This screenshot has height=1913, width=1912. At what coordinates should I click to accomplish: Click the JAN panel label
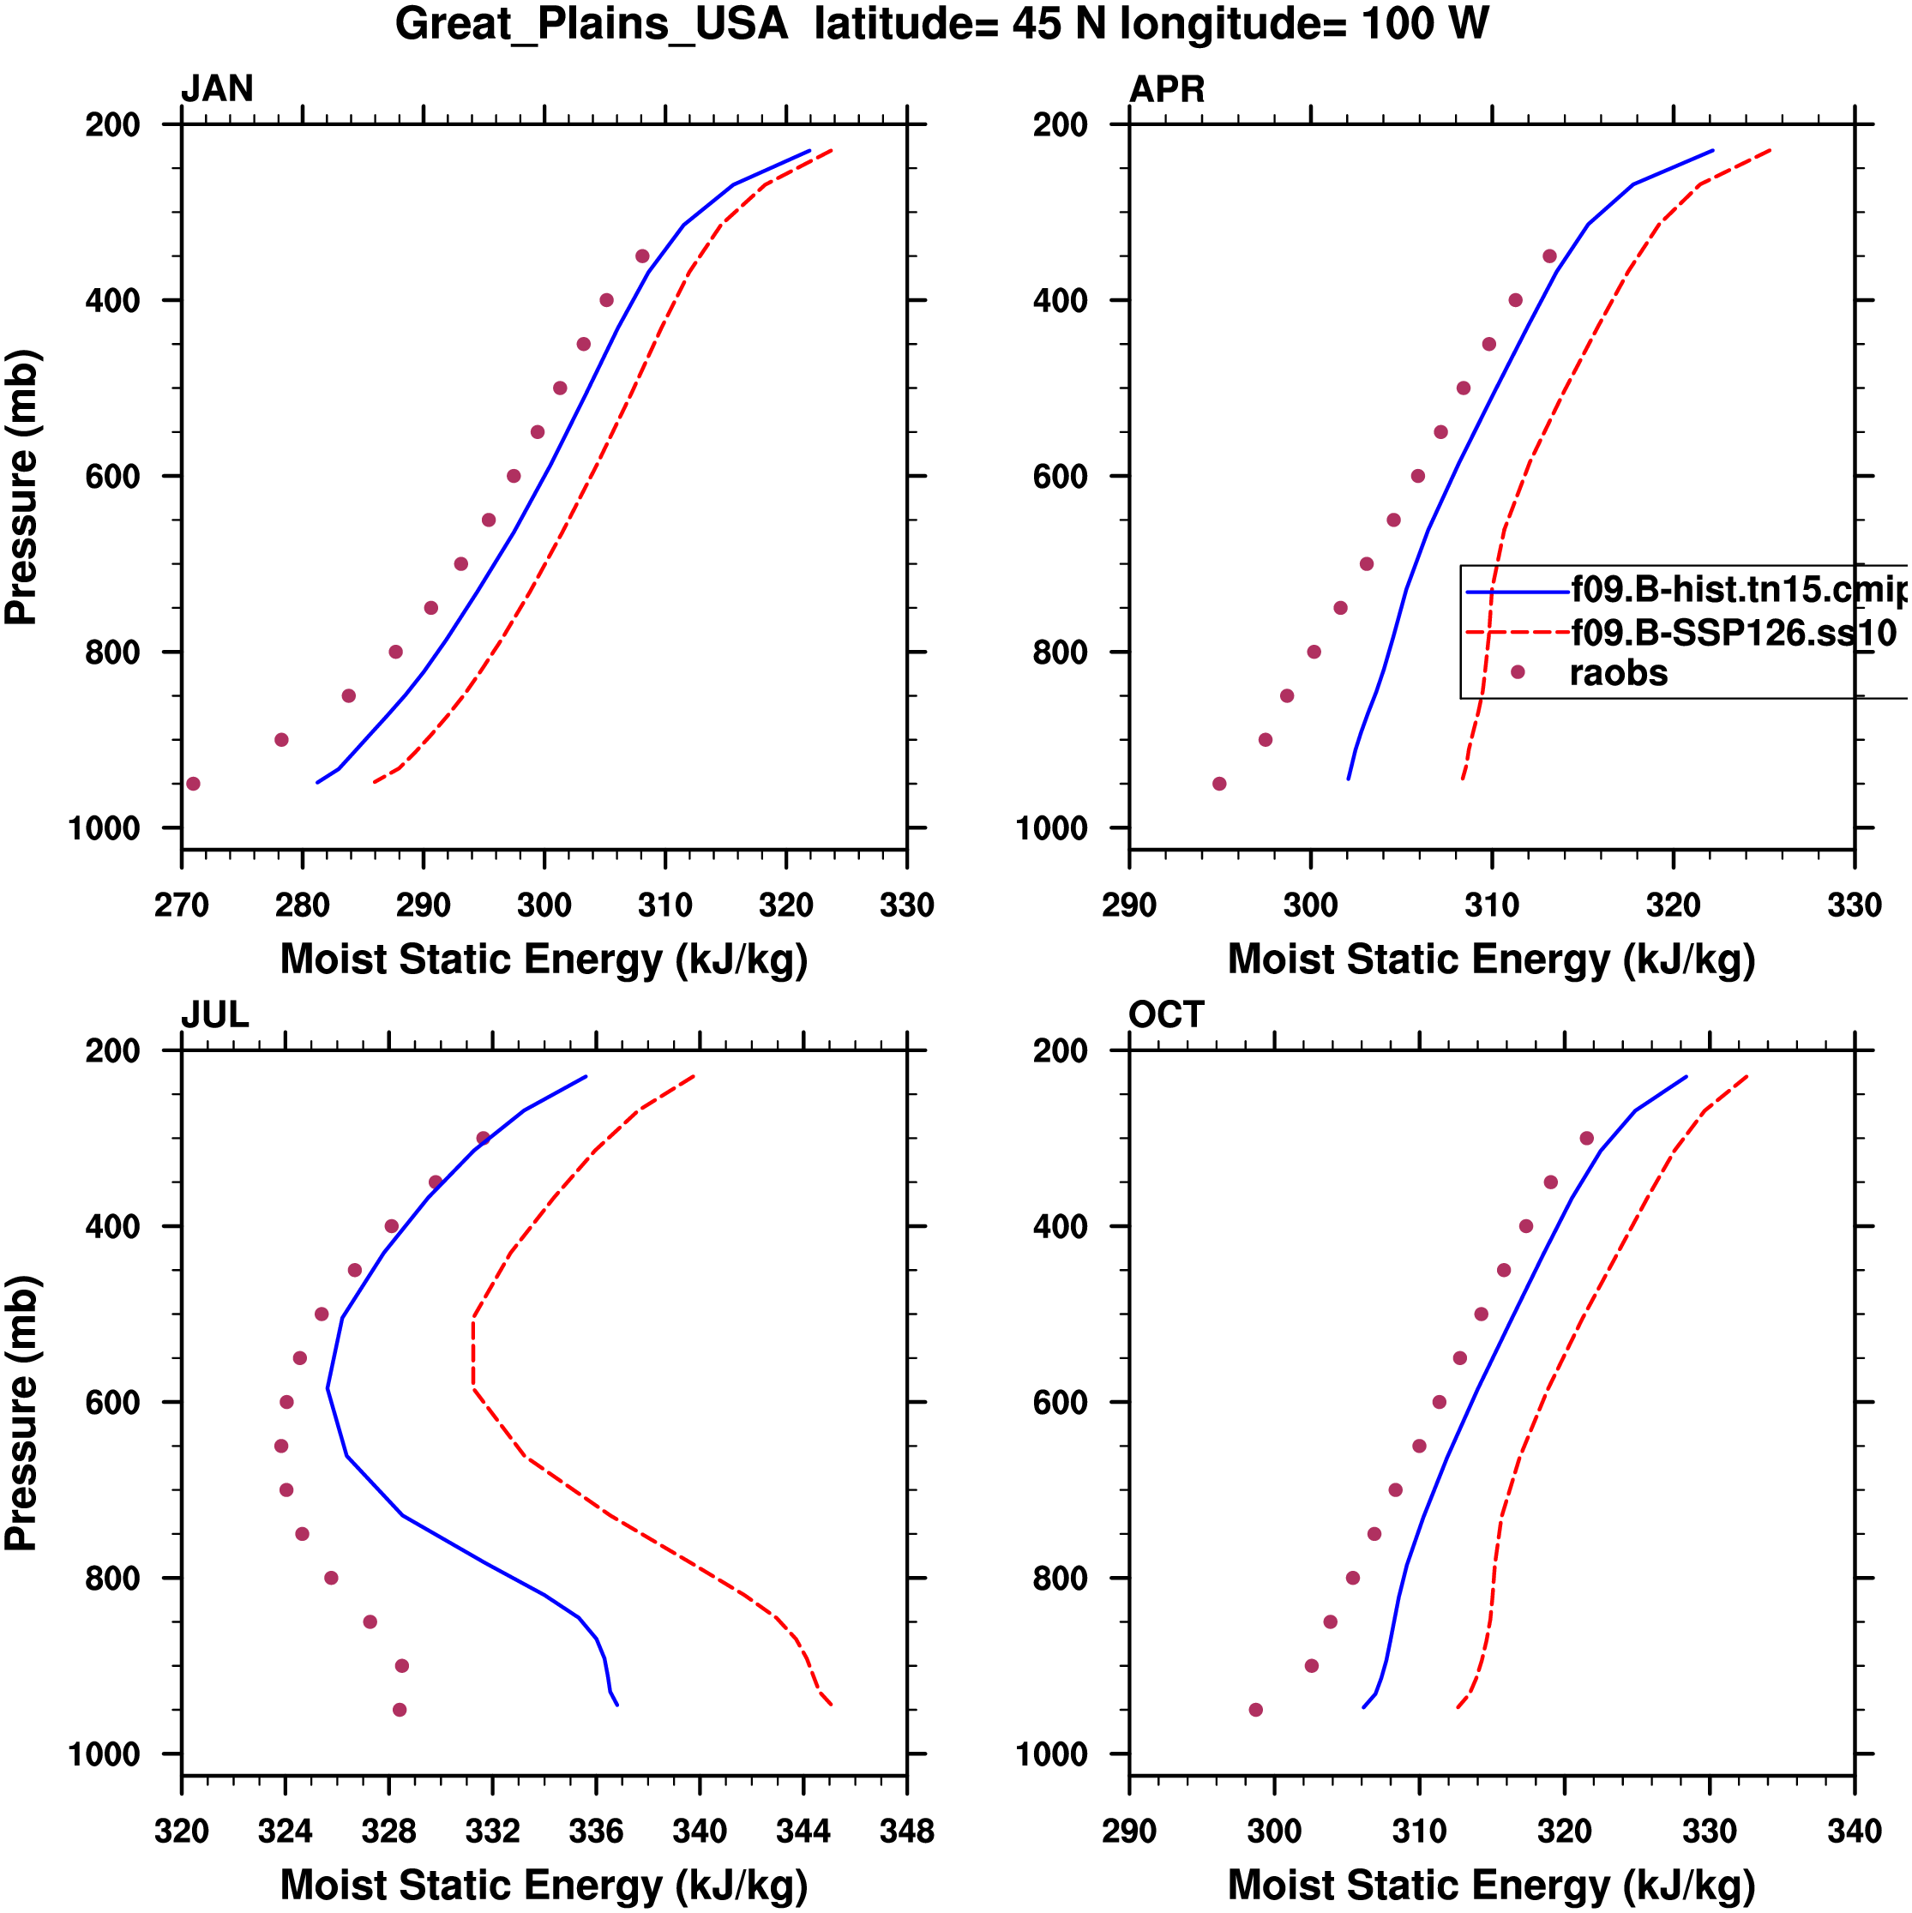point(217,89)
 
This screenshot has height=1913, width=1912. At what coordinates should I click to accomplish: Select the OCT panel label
point(1166,1015)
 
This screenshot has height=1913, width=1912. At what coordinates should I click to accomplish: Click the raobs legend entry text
point(1618,673)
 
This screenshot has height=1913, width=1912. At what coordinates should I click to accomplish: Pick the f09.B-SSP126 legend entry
point(1733,632)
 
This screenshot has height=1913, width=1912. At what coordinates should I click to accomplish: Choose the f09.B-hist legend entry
point(1738,590)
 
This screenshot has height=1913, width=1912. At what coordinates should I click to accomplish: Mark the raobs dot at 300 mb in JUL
point(484,1139)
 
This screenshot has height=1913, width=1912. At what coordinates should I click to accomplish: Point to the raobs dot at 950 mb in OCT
point(1255,1710)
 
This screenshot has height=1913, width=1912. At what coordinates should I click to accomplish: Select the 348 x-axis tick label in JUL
point(906,1832)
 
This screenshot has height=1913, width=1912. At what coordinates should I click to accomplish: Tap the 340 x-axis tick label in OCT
point(1854,1832)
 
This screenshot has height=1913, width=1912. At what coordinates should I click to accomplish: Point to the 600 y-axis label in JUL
point(113,1403)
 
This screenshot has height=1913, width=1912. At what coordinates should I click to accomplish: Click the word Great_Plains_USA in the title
point(591,24)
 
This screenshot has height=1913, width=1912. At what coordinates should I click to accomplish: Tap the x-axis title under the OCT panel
point(1491,1886)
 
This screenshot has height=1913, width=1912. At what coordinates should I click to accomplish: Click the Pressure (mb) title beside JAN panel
point(21,486)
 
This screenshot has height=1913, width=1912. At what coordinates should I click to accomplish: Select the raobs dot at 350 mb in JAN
point(642,256)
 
